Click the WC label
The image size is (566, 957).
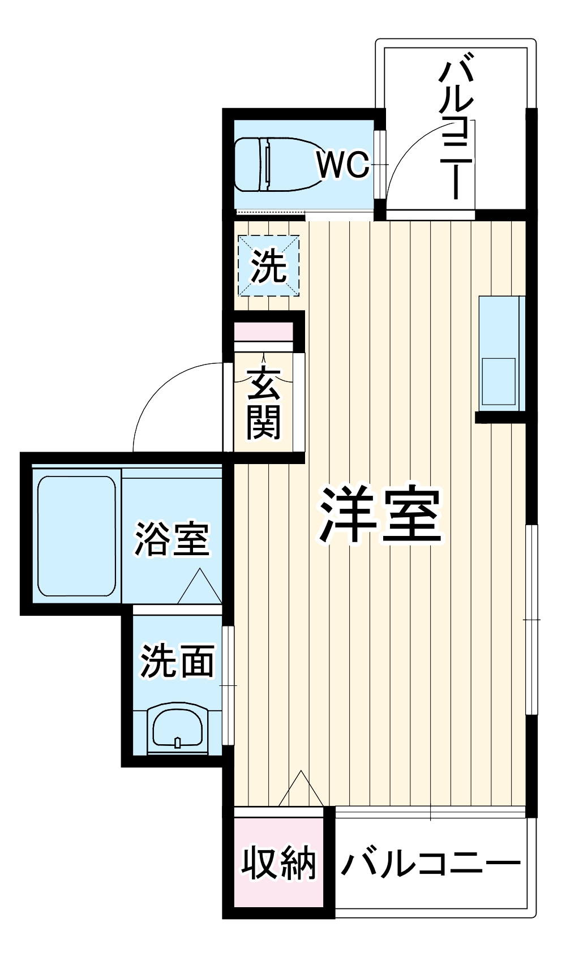click(342, 165)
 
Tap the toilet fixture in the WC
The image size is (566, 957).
click(278, 164)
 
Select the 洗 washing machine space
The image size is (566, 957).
click(268, 265)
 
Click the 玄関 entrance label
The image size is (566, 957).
click(264, 403)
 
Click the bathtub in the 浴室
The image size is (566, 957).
click(76, 536)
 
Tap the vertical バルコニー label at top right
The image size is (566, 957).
click(456, 131)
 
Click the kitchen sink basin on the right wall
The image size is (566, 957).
click(499, 381)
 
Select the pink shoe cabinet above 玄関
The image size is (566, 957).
click(264, 332)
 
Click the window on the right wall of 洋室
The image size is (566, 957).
click(532, 620)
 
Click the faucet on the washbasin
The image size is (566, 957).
click(178, 743)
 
